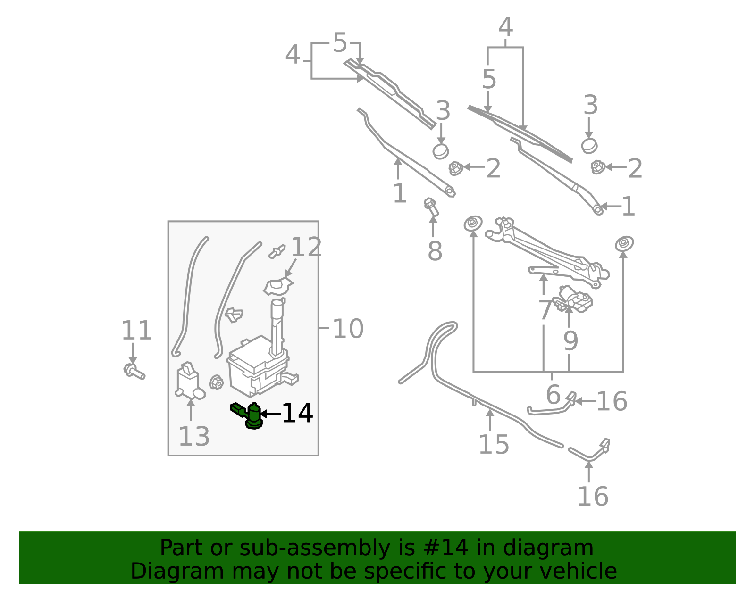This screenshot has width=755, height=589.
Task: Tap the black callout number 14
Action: pos(297,414)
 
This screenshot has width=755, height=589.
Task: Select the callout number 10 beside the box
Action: pos(348,329)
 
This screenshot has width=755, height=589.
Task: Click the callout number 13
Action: pos(194,437)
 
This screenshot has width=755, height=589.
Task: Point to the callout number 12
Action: pos(306,247)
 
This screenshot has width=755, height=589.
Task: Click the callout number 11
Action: pos(136,331)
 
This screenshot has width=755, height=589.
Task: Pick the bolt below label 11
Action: pos(134,371)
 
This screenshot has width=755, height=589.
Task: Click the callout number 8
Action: pos(435,251)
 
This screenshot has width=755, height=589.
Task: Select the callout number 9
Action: pos(570,340)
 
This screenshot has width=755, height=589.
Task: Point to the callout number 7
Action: pos(545,310)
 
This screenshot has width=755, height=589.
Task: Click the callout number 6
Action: pos(553,395)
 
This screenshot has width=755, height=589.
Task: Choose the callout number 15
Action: pos(494,444)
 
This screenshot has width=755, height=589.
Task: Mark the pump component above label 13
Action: pos(189,381)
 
